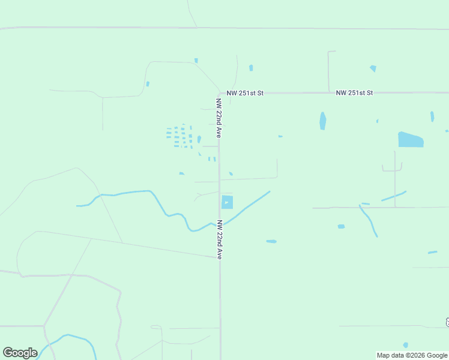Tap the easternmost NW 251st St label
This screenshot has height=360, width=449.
click(x=354, y=93)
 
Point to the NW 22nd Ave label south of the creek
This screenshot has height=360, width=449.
click(x=220, y=239)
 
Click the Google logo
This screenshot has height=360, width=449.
click(x=20, y=353)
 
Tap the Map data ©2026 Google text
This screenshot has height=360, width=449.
click(x=412, y=355)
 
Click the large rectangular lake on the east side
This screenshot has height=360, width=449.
click(x=411, y=140)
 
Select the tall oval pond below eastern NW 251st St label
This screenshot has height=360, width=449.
click(x=323, y=121)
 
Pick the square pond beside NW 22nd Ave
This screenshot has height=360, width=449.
click(x=227, y=202)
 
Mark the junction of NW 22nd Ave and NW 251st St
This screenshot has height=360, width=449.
click(x=219, y=94)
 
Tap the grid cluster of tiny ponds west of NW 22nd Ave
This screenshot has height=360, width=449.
click(x=179, y=137)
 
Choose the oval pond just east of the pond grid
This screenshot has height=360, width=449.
click(x=199, y=139)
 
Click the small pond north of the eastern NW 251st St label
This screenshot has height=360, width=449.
click(x=373, y=68)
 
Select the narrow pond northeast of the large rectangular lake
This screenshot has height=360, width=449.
click(x=432, y=116)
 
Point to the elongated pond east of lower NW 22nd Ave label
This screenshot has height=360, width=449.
click(x=271, y=241)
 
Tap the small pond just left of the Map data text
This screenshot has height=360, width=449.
click(x=406, y=345)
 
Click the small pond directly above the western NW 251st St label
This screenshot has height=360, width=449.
click(x=250, y=68)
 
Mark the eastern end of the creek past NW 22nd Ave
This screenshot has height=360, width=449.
click(x=270, y=191)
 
